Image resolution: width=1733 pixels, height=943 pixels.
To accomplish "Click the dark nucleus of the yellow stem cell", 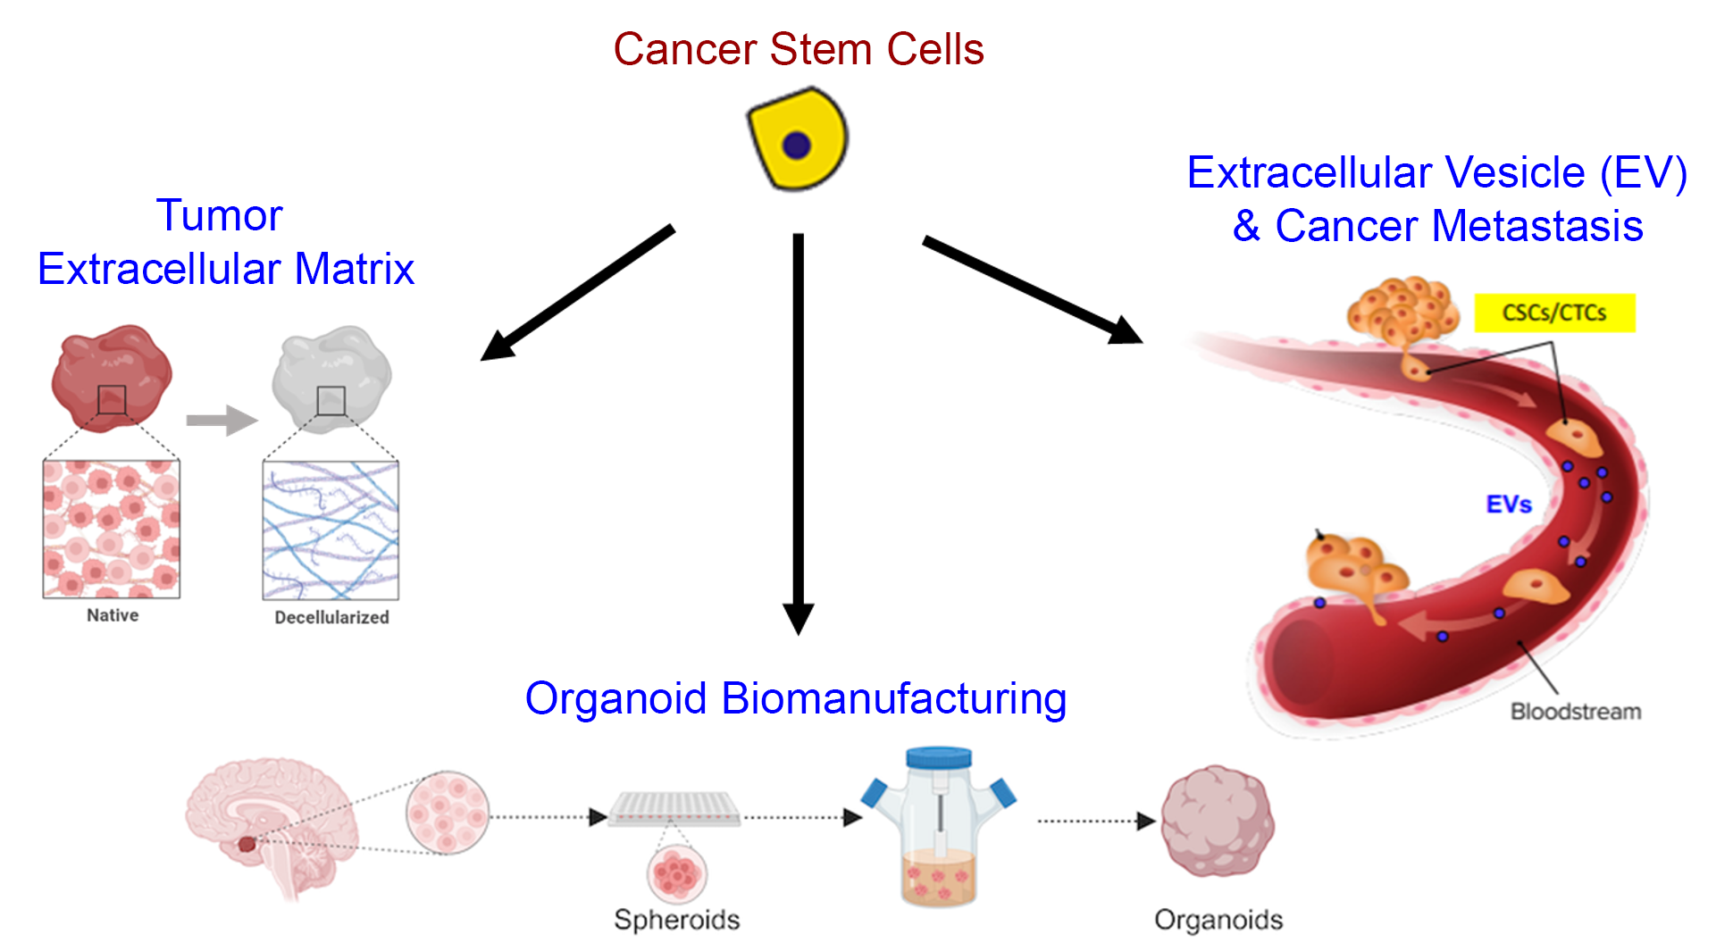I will (796, 145).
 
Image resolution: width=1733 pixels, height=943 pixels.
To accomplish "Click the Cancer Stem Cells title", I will (798, 49).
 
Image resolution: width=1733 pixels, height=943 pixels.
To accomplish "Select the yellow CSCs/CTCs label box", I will (1553, 313).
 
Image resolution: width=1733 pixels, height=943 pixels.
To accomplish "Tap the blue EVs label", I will (1508, 505).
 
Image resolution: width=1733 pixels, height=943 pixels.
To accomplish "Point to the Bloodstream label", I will (1575, 712).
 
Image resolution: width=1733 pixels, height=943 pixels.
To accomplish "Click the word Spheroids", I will (676, 919).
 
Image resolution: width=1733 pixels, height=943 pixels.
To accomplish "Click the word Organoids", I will (1218, 919).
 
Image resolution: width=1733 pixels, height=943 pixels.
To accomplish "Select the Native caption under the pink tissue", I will (113, 615).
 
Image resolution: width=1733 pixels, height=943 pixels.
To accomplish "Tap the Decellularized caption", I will (331, 617).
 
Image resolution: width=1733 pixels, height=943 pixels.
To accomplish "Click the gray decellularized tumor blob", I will (331, 377).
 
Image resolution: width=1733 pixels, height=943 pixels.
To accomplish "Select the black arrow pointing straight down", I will (798, 429).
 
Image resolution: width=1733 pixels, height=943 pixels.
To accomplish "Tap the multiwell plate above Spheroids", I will (674, 808).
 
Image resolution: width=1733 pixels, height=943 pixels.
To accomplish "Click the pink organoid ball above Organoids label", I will (1217, 821).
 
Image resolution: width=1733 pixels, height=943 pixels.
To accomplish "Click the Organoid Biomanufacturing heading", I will (795, 698).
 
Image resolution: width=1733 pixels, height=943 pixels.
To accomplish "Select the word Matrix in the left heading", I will (355, 269).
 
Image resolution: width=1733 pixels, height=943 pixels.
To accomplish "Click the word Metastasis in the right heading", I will (1536, 226).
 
